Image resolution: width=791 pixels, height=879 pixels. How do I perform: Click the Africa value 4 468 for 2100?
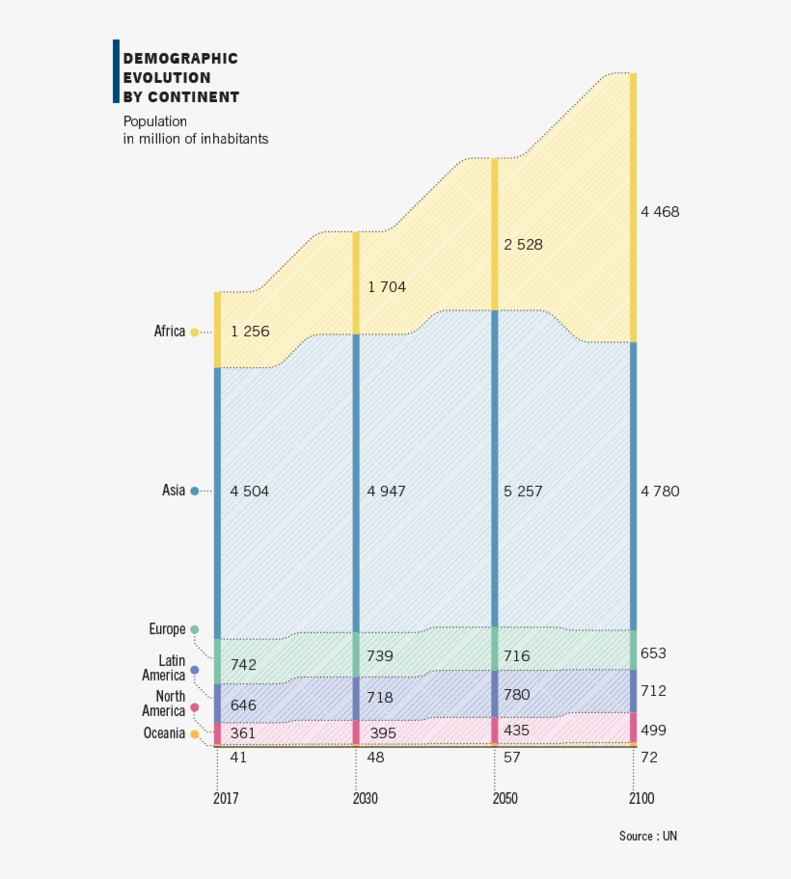660,212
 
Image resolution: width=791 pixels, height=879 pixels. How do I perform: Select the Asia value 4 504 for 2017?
250,492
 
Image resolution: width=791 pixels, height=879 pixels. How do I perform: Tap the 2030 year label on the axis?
366,799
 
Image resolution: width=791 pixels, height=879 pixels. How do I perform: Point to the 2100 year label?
641,799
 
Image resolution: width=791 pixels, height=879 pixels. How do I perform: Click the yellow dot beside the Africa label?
195,333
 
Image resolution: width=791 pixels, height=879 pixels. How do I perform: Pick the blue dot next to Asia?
195,492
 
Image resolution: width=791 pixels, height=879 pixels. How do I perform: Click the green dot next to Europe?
195,630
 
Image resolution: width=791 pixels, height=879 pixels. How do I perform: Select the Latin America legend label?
164,668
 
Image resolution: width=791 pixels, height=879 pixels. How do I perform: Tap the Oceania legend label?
164,733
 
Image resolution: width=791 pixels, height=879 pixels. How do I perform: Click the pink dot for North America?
195,707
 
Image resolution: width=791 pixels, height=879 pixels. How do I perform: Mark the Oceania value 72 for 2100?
649,759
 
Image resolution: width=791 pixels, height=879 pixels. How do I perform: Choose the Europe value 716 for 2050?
516,656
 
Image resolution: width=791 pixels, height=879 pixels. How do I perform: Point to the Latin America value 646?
243,706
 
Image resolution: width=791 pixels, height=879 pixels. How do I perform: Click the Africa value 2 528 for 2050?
523,245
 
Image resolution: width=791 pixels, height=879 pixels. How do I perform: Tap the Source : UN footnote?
647,837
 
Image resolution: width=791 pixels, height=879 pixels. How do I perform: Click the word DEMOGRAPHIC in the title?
180,59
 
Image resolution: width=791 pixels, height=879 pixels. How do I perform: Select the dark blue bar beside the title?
117,71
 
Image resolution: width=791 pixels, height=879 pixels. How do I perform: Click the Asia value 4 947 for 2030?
386,492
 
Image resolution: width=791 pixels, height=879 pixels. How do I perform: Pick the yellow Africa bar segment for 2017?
218,330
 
